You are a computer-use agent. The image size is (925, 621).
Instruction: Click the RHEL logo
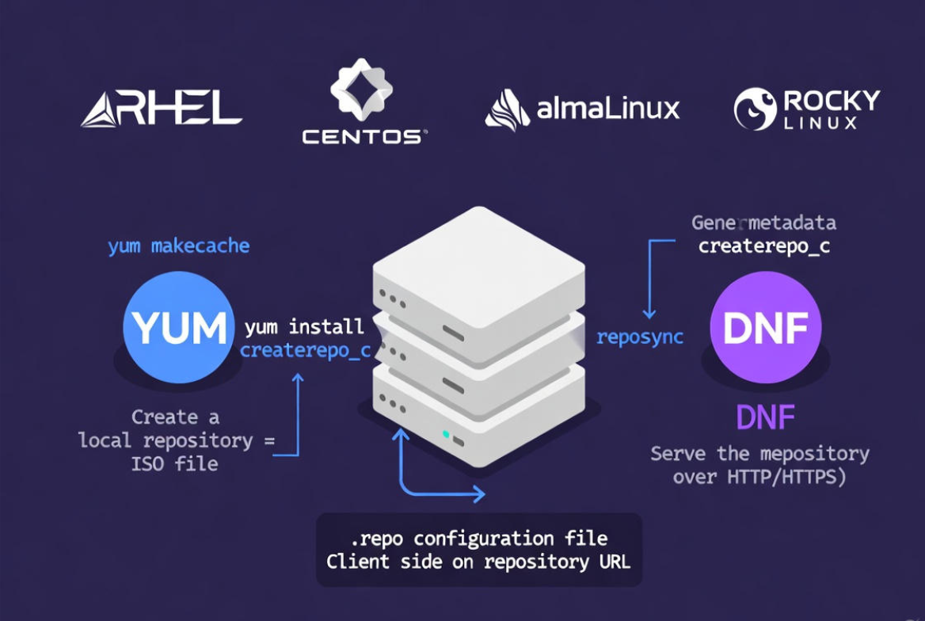pos(161,109)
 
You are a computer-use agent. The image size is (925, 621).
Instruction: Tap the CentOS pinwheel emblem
pos(361,88)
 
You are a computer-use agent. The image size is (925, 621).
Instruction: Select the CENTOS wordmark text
pos(364,137)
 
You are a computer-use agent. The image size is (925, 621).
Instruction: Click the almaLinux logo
pos(582,109)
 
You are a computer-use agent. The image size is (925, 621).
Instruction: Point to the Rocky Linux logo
pos(806,109)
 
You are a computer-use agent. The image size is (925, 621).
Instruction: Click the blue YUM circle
pos(179,327)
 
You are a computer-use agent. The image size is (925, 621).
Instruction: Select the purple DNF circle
pos(765,327)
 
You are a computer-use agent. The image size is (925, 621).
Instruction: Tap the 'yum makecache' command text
pos(179,246)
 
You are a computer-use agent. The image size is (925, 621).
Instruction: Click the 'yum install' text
pos(305,326)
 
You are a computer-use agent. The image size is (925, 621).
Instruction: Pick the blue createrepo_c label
pos(305,350)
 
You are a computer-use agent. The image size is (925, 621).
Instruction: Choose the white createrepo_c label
pos(763,246)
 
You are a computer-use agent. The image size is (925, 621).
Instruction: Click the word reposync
pos(640,337)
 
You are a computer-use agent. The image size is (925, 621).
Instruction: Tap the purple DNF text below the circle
pos(765,417)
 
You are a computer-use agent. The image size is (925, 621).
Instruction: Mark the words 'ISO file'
pos(174,463)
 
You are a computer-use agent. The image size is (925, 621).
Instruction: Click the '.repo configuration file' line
pos(478,539)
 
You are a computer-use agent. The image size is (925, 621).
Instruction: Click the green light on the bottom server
pos(447,434)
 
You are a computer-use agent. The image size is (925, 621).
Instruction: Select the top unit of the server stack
pos(478,273)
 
